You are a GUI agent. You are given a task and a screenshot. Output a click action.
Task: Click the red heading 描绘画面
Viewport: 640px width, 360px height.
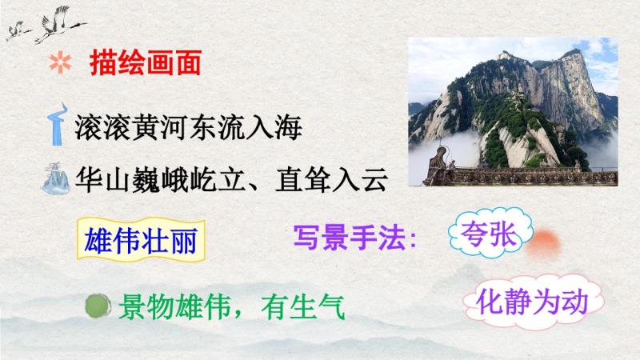(146, 63)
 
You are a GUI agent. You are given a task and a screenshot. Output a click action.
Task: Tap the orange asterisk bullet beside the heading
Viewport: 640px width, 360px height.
(61, 63)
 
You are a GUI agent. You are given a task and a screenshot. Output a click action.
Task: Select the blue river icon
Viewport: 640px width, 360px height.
(58, 125)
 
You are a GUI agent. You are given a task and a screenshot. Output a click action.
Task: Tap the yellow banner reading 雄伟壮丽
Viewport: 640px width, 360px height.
(141, 240)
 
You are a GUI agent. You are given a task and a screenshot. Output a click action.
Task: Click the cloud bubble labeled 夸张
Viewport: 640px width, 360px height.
(490, 233)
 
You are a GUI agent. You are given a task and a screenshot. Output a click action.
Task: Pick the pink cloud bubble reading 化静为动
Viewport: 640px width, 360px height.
(533, 302)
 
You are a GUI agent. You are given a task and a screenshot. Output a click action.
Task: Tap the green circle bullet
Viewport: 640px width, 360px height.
(98, 306)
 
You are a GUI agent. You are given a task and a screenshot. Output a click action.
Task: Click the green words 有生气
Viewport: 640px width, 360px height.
(303, 307)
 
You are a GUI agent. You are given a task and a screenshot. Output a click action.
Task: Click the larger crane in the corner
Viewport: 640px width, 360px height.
(61, 24)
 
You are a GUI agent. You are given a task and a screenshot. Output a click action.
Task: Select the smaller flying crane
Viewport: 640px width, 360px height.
(18, 31)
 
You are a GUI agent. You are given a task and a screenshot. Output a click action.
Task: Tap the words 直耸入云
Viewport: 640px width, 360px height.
(331, 179)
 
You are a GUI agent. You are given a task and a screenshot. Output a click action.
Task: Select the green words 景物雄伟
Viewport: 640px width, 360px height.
(174, 307)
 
